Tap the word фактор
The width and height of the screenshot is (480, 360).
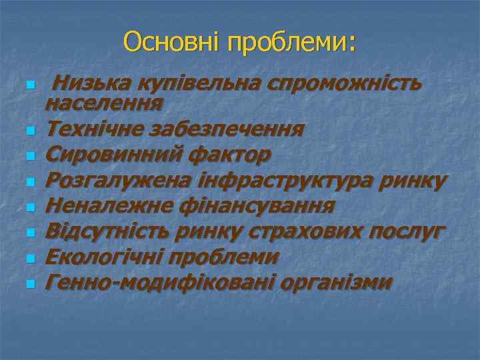229,155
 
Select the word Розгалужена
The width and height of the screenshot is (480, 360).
118,181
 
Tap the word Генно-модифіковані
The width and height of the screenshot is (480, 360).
160,283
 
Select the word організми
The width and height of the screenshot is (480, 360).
337,283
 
